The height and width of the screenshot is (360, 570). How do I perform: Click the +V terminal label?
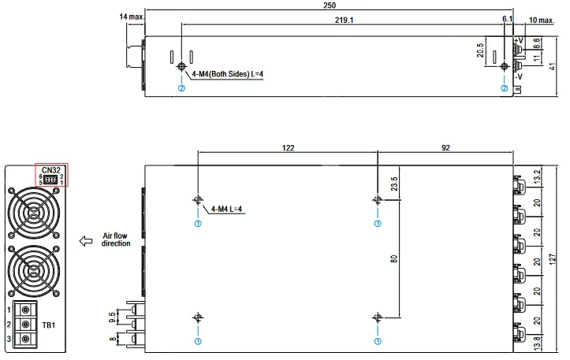pyautogui.click(x=518, y=40)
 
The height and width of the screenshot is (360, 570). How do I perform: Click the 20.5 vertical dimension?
pyautogui.click(x=481, y=52)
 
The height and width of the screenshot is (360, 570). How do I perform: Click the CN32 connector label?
pyautogui.click(x=52, y=169)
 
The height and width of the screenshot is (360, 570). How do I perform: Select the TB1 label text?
pyautogui.click(x=48, y=324)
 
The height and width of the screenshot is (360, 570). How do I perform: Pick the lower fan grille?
pyautogui.click(x=32, y=270)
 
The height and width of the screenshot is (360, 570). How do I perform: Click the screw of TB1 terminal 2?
pyautogui.click(x=26, y=325)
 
